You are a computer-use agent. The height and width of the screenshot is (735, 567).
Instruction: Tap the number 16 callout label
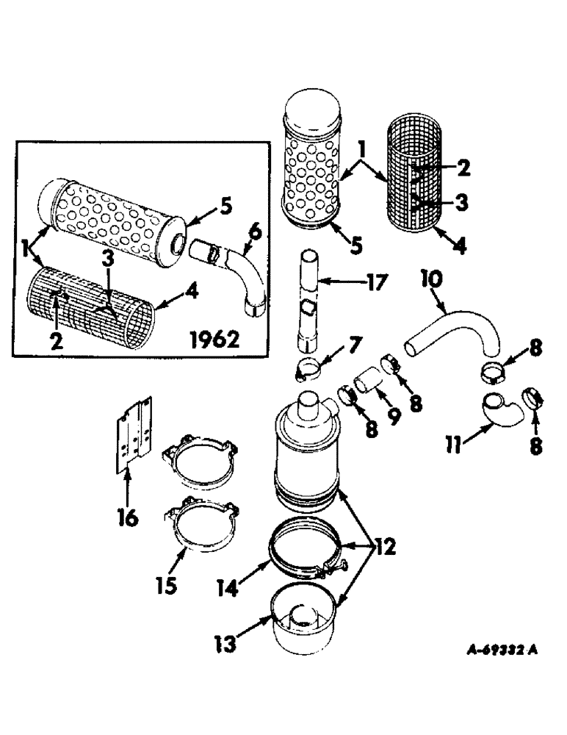[127, 519]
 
